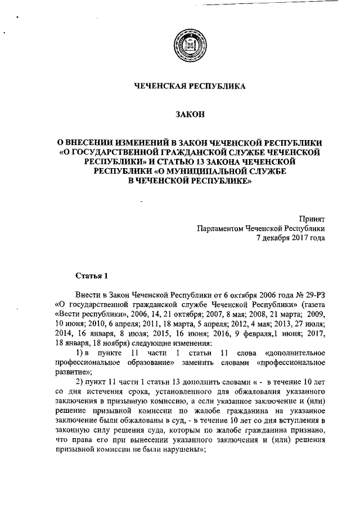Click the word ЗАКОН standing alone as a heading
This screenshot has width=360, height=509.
coord(190,115)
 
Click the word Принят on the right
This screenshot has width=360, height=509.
coord(313,218)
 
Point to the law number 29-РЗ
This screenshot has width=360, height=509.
coord(314,295)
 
